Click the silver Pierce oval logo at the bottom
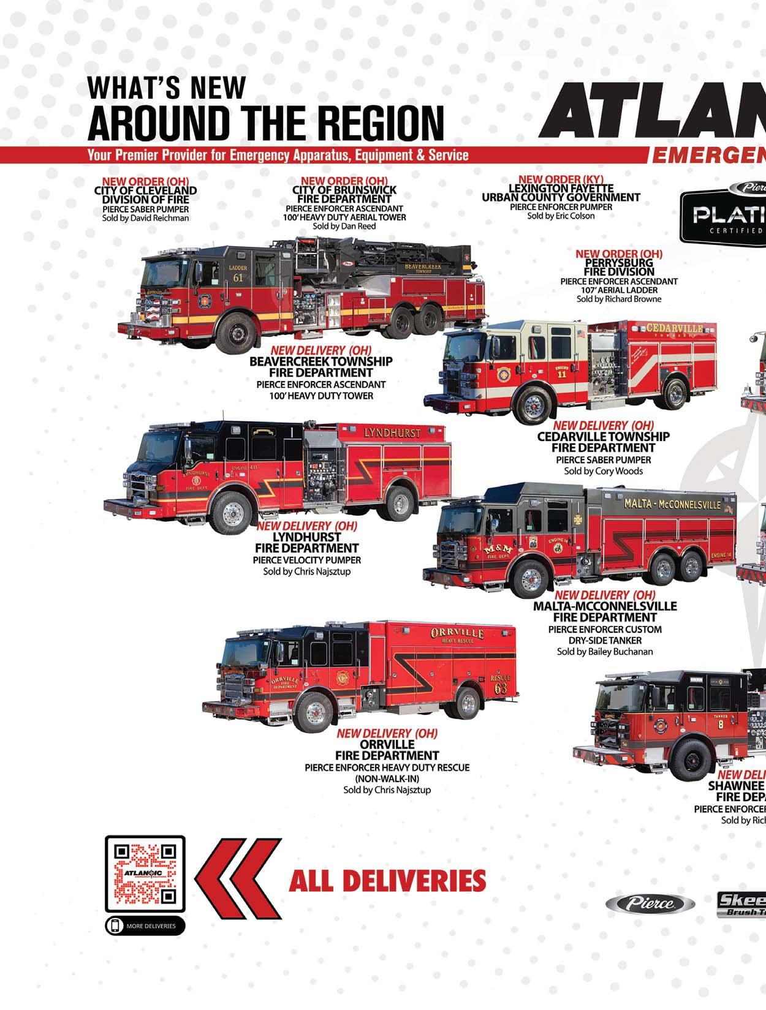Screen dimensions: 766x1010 tap(650, 903)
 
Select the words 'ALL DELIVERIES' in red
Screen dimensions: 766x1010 tap(387, 881)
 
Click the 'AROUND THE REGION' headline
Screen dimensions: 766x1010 tap(265, 122)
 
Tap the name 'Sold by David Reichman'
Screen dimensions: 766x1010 tap(145, 218)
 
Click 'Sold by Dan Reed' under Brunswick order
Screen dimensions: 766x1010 tap(344, 226)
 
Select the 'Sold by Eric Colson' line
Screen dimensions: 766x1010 tap(561, 216)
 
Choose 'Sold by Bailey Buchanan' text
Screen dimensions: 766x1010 tap(604, 651)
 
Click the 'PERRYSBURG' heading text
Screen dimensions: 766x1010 tap(618, 263)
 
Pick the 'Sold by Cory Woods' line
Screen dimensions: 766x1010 tap(603, 471)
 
